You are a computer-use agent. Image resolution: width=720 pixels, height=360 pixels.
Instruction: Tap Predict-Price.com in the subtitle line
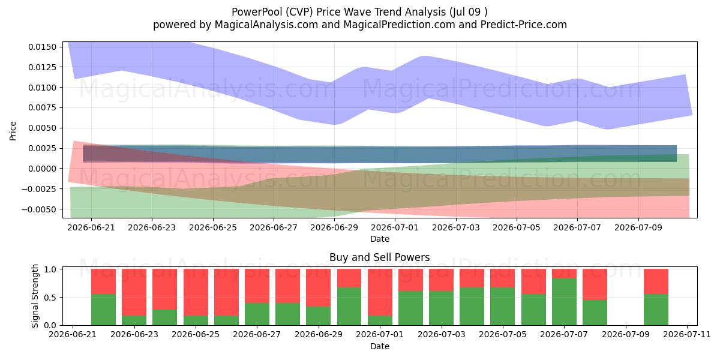(524, 25)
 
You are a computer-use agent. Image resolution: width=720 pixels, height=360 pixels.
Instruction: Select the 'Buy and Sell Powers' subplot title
(380, 257)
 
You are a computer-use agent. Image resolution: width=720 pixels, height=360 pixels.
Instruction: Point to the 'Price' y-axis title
(13, 131)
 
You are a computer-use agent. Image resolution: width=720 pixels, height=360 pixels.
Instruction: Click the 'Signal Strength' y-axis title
(35, 296)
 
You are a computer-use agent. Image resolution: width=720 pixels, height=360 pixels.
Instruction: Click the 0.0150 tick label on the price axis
(42, 47)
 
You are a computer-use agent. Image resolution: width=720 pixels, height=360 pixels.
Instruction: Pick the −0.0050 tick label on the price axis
(39, 209)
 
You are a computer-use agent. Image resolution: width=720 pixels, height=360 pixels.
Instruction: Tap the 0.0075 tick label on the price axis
(42, 107)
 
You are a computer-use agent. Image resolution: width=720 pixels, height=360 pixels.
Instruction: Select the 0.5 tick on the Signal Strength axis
(50, 298)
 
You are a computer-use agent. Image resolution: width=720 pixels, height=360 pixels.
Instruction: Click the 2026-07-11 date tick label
(687, 335)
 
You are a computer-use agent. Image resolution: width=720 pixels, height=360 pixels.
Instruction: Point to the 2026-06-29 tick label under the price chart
(334, 227)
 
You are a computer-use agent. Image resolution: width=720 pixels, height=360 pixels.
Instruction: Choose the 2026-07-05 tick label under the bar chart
(503, 335)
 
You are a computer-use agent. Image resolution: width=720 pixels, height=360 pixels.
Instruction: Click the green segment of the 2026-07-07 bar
(564, 302)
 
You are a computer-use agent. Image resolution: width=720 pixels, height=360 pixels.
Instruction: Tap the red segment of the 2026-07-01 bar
(380, 292)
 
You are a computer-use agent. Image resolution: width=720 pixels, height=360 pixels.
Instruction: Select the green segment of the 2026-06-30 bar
(349, 307)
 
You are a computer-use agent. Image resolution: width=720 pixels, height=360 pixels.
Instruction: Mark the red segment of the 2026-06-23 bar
(134, 292)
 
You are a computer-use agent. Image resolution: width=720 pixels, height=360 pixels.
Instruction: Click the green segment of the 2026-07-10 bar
(656, 310)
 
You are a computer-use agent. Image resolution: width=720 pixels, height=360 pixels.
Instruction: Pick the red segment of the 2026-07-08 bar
(595, 284)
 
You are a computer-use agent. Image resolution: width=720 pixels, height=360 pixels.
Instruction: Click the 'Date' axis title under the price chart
(380, 239)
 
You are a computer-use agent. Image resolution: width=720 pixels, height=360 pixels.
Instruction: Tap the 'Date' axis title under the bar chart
(380, 347)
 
